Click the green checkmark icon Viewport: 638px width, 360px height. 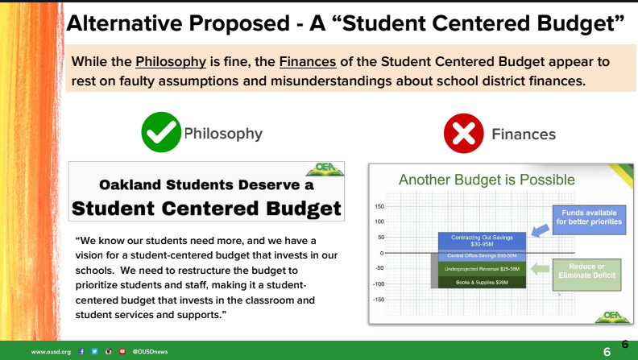[161, 133]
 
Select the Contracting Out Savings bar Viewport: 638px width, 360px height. [482, 240]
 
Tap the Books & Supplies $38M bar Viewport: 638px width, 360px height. [482, 283]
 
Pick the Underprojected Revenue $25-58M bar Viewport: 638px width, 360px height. [482, 267]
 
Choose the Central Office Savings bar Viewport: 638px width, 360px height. [482, 254]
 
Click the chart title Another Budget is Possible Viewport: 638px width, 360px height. [487, 180]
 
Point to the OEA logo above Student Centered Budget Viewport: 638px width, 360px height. [327, 170]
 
